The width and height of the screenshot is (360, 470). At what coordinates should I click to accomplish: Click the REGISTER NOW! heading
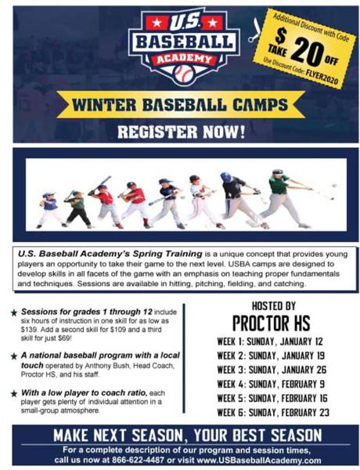pyautogui.click(x=180, y=132)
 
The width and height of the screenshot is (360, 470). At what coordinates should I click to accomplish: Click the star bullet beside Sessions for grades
pyautogui.click(x=13, y=312)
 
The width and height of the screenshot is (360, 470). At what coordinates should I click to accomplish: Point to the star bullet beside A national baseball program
pyautogui.click(x=13, y=355)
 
